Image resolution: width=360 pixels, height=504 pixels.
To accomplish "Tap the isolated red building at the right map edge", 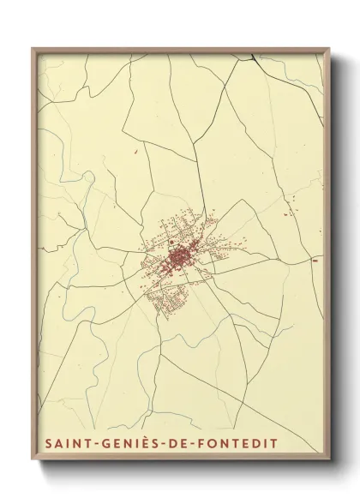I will (x=315, y=259).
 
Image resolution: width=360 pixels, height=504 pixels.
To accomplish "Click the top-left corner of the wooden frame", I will (x=33, y=49).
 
